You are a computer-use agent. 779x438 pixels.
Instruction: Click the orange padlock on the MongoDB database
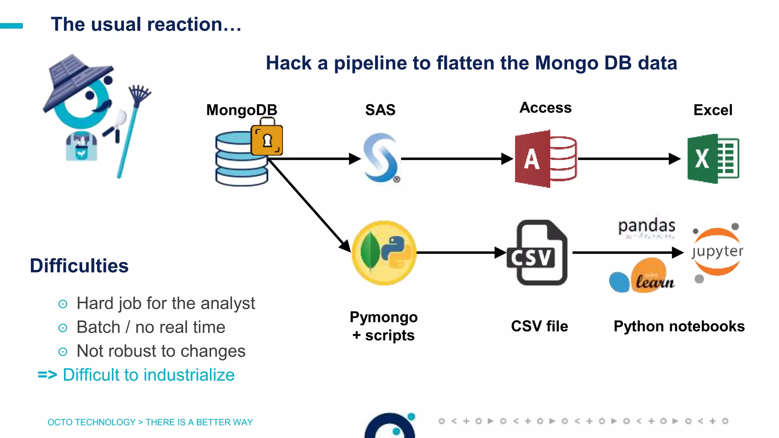point(267,139)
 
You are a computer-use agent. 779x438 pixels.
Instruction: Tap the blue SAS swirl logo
point(381,158)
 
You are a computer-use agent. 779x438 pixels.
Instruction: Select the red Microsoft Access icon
point(545,159)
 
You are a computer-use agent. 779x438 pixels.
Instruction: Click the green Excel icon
point(712,159)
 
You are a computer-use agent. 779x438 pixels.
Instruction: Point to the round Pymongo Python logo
point(384,253)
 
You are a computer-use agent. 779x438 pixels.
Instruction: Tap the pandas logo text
point(646,226)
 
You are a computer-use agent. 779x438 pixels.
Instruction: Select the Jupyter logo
point(717,252)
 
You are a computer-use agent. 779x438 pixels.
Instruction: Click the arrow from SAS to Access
point(456,159)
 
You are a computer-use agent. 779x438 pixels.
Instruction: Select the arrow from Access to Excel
point(628,159)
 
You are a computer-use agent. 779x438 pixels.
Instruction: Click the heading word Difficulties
point(79,266)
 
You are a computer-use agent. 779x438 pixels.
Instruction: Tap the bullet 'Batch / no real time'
point(151,327)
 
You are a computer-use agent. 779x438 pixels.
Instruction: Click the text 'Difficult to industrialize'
point(148,375)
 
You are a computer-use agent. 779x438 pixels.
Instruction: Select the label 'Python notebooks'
point(679,327)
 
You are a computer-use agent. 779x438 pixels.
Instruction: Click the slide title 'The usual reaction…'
point(146,24)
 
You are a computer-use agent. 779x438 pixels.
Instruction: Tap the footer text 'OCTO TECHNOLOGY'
point(91,422)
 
